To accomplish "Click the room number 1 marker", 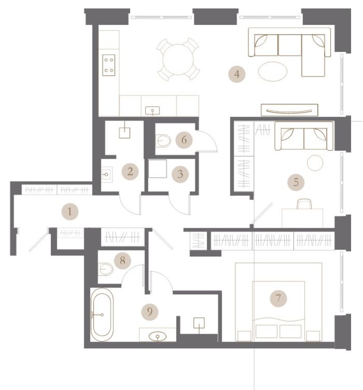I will [x=70, y=212].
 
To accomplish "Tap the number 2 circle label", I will [x=130, y=171].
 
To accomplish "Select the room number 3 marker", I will [x=180, y=173].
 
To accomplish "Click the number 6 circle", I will [x=184, y=140].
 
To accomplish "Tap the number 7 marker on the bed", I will [x=278, y=298].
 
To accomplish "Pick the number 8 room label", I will [x=123, y=261].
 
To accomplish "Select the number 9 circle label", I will [x=150, y=311].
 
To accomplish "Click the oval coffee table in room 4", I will [x=272, y=71].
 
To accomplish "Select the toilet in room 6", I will [x=163, y=141].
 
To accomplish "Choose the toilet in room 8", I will [x=105, y=268].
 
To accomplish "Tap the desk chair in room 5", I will [x=304, y=204].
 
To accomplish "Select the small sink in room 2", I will [x=107, y=174].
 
